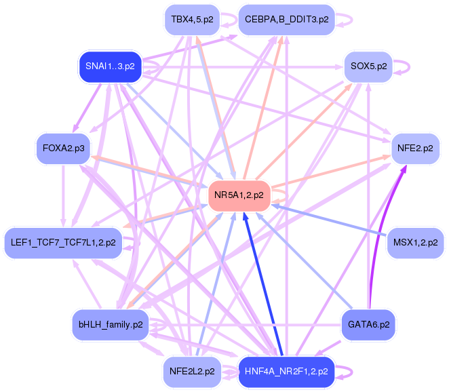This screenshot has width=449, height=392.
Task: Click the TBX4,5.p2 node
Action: coord(192,20)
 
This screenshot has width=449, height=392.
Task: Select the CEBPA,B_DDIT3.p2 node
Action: coord(287,20)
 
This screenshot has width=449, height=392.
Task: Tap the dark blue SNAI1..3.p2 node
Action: coord(111,66)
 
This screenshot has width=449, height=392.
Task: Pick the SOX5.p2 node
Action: coord(368,66)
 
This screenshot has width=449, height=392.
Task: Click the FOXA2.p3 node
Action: coord(63,149)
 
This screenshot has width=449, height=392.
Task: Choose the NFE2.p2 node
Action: coord(415,149)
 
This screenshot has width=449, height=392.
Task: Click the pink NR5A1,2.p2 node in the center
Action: coord(239,195)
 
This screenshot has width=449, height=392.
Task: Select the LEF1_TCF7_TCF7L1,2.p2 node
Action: coord(63,243)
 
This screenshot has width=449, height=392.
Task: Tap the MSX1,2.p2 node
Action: coord(415,243)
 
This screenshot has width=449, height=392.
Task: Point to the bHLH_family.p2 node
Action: coord(111,325)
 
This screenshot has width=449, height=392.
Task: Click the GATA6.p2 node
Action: coord(368,325)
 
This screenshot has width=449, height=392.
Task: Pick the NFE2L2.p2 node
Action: coord(192,372)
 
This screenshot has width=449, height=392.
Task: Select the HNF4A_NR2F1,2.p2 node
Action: coord(287,372)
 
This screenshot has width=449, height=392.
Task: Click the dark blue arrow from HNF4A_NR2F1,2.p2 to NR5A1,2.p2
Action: coord(262,284)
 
